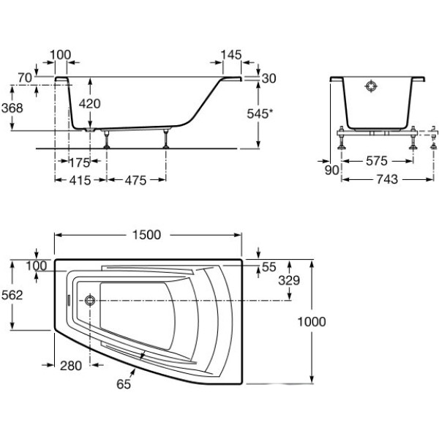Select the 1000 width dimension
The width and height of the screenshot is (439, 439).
tap(311, 322)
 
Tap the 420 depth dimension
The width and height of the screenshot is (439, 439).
tap(89, 104)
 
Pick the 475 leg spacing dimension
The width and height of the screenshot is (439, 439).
tap(135, 180)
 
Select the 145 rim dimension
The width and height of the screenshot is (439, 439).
tap(230, 55)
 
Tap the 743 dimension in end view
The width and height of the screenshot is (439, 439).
tap(384, 180)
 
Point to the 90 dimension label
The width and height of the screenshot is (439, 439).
tap(331, 170)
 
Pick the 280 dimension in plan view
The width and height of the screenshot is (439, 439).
tap(70, 366)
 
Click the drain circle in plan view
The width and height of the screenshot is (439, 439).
tap(90, 300)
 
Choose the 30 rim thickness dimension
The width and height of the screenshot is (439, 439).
tap(268, 78)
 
